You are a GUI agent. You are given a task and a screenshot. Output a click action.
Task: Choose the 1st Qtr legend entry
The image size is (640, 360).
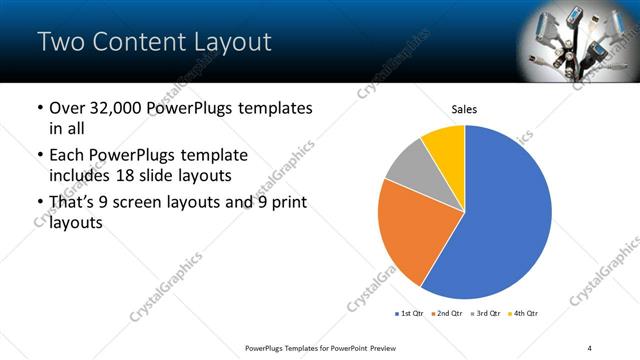point(410,314)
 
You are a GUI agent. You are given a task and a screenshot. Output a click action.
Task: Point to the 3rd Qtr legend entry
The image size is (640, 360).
point(487,314)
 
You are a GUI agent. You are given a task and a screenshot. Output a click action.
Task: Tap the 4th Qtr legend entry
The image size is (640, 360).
point(525,314)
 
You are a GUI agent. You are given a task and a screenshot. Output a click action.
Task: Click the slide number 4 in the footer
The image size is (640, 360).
point(589,347)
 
